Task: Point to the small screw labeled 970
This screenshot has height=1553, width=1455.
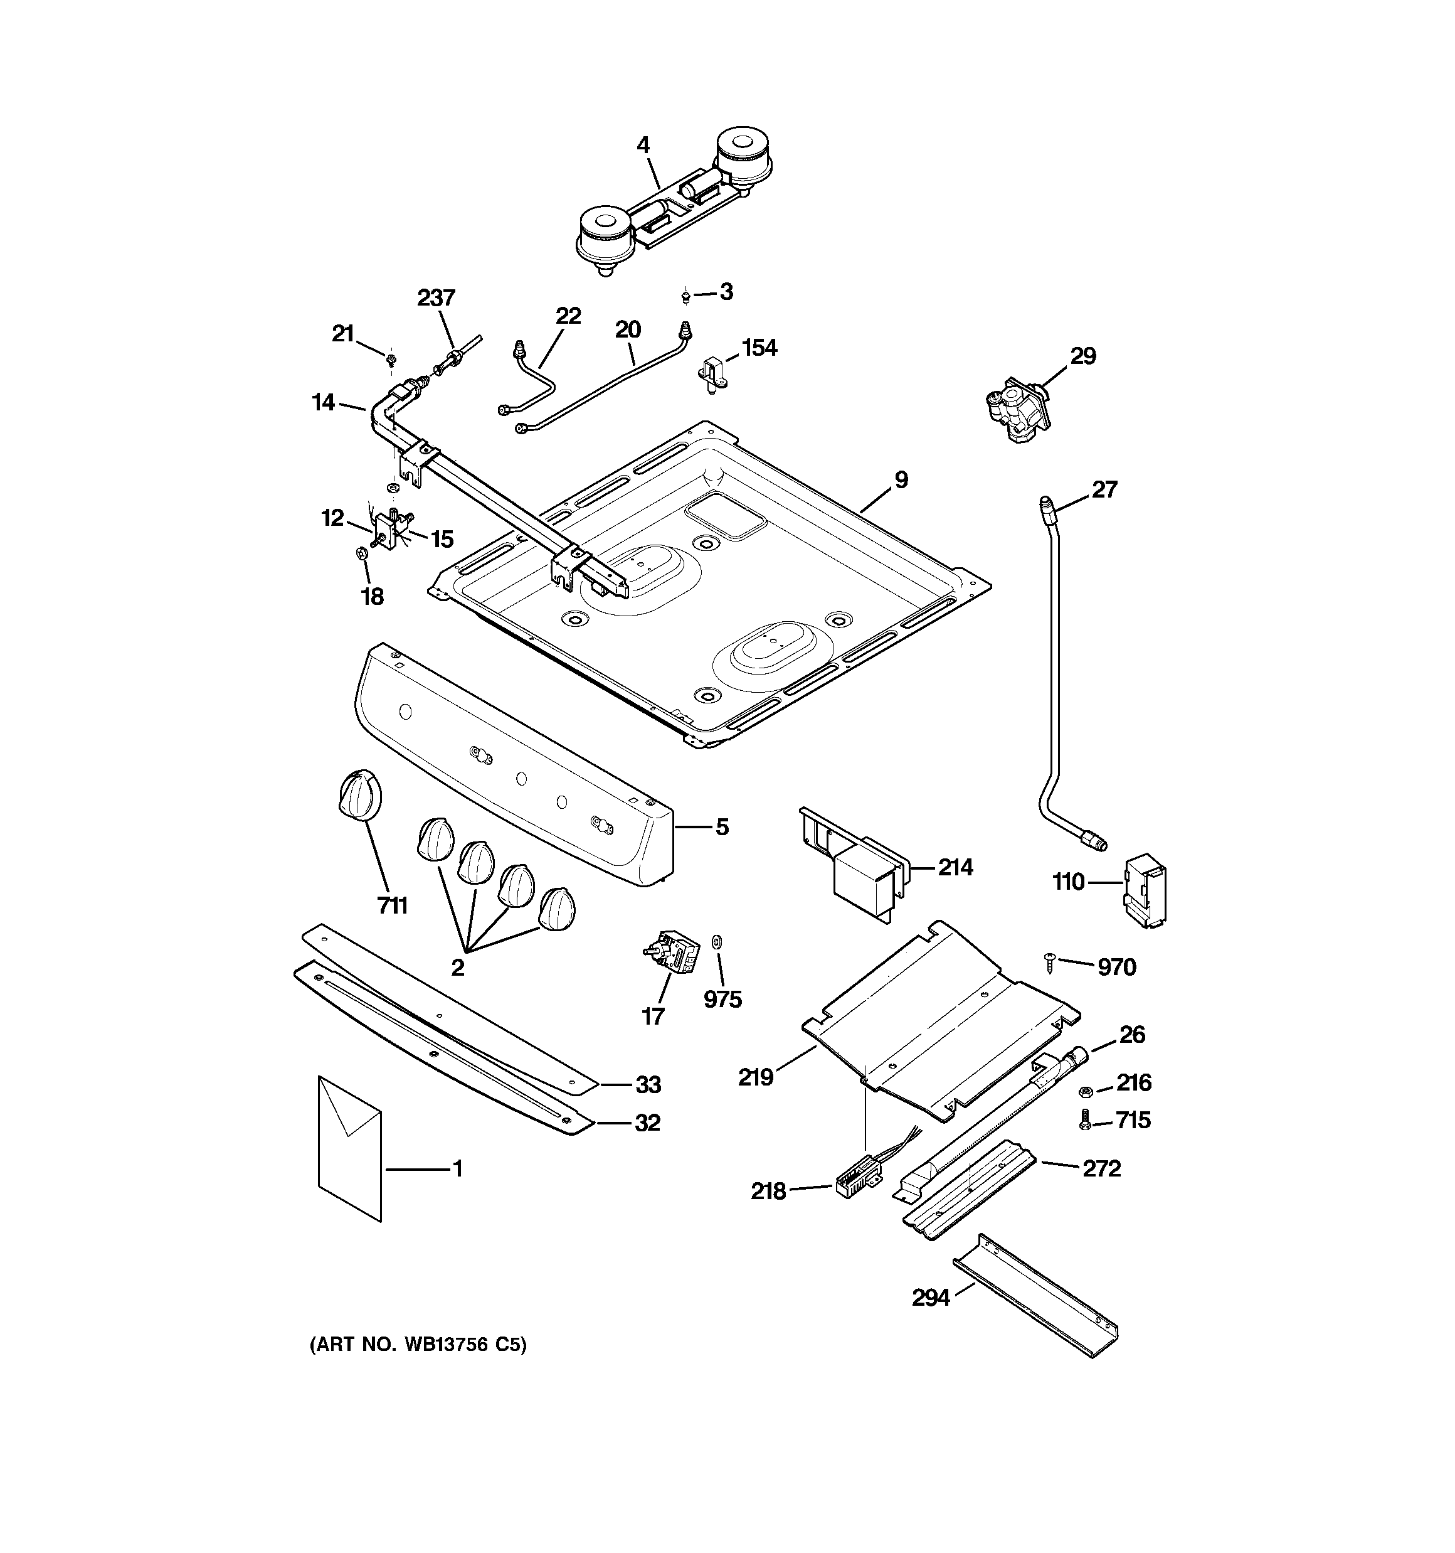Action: (x=1050, y=962)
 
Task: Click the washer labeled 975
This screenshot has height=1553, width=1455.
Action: (x=717, y=940)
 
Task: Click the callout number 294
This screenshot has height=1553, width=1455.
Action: (x=931, y=1298)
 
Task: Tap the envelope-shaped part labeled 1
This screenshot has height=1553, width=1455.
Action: (x=350, y=1148)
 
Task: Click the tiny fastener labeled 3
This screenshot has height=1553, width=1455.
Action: (x=685, y=296)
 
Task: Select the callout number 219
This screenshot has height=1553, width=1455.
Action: (x=755, y=1078)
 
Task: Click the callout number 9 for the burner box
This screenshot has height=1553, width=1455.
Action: (x=901, y=479)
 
